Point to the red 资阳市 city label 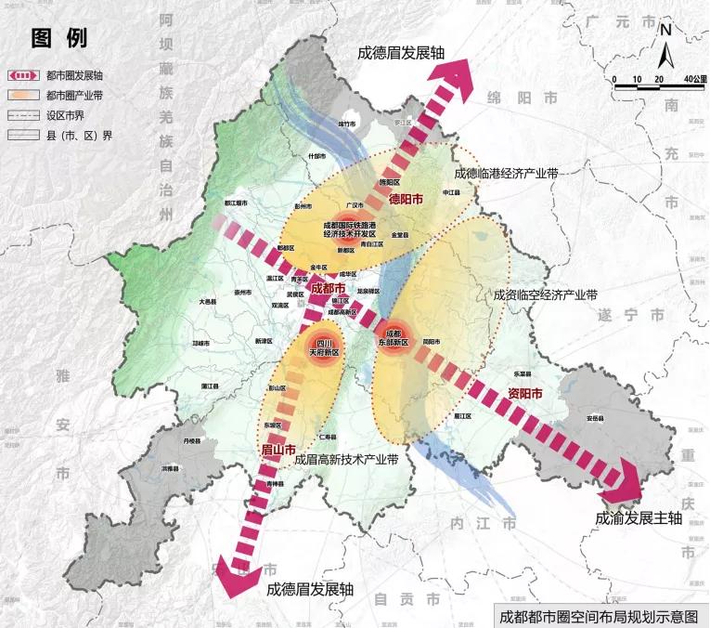tap(527, 392)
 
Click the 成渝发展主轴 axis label tap(639, 518)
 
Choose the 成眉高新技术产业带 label tap(345, 460)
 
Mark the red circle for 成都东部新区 tap(391, 336)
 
